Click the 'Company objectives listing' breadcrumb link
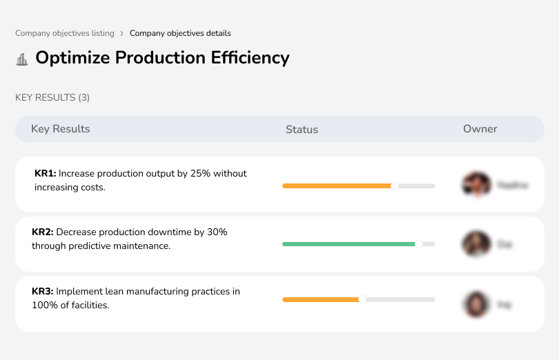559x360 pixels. [64, 33]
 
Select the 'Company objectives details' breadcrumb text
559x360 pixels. [180, 33]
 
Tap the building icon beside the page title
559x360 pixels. [22, 59]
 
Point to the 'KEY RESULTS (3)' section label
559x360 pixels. [52, 98]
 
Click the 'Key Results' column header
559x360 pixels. [61, 129]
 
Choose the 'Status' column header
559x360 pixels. [302, 130]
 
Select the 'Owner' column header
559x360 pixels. [480, 129]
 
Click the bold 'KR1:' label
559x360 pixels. [45, 174]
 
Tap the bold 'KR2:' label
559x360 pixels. [43, 232]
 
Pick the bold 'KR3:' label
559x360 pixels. [43, 292]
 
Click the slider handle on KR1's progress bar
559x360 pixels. [395, 186]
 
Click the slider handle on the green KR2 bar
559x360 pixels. [418, 244]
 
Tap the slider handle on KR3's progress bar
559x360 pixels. [362, 299]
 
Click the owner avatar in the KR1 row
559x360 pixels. [476, 185]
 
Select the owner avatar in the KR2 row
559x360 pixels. [476, 244]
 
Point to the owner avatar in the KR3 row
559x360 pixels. [476, 303]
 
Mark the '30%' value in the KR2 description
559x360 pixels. [217, 232]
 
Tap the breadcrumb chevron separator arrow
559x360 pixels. [122, 33]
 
